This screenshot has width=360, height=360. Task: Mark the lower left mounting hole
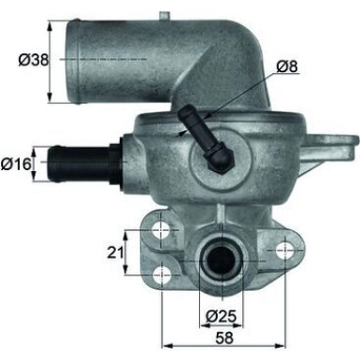pos(165,273)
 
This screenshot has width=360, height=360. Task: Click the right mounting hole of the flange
pos(281,249)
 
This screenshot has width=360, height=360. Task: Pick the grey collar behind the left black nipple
pos(116,159)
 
